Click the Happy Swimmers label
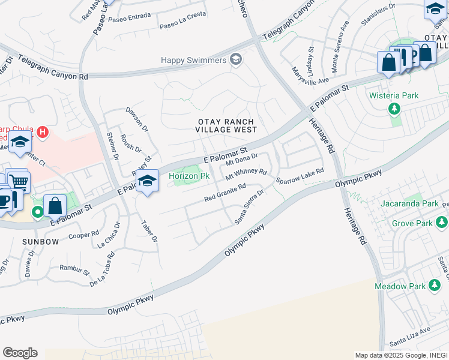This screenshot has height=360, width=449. coord(194,60)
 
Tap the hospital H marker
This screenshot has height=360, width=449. coord(42,131)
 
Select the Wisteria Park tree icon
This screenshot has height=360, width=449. coord(394,109)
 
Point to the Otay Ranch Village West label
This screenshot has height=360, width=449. coord(227,125)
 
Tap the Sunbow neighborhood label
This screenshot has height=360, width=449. coord(41,242)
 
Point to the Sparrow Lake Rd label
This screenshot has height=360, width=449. coord(300,176)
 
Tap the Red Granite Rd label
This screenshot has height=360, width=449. coord(225,193)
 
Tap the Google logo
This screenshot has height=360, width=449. coord(20,353)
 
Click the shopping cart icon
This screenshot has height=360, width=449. coord(19,180)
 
